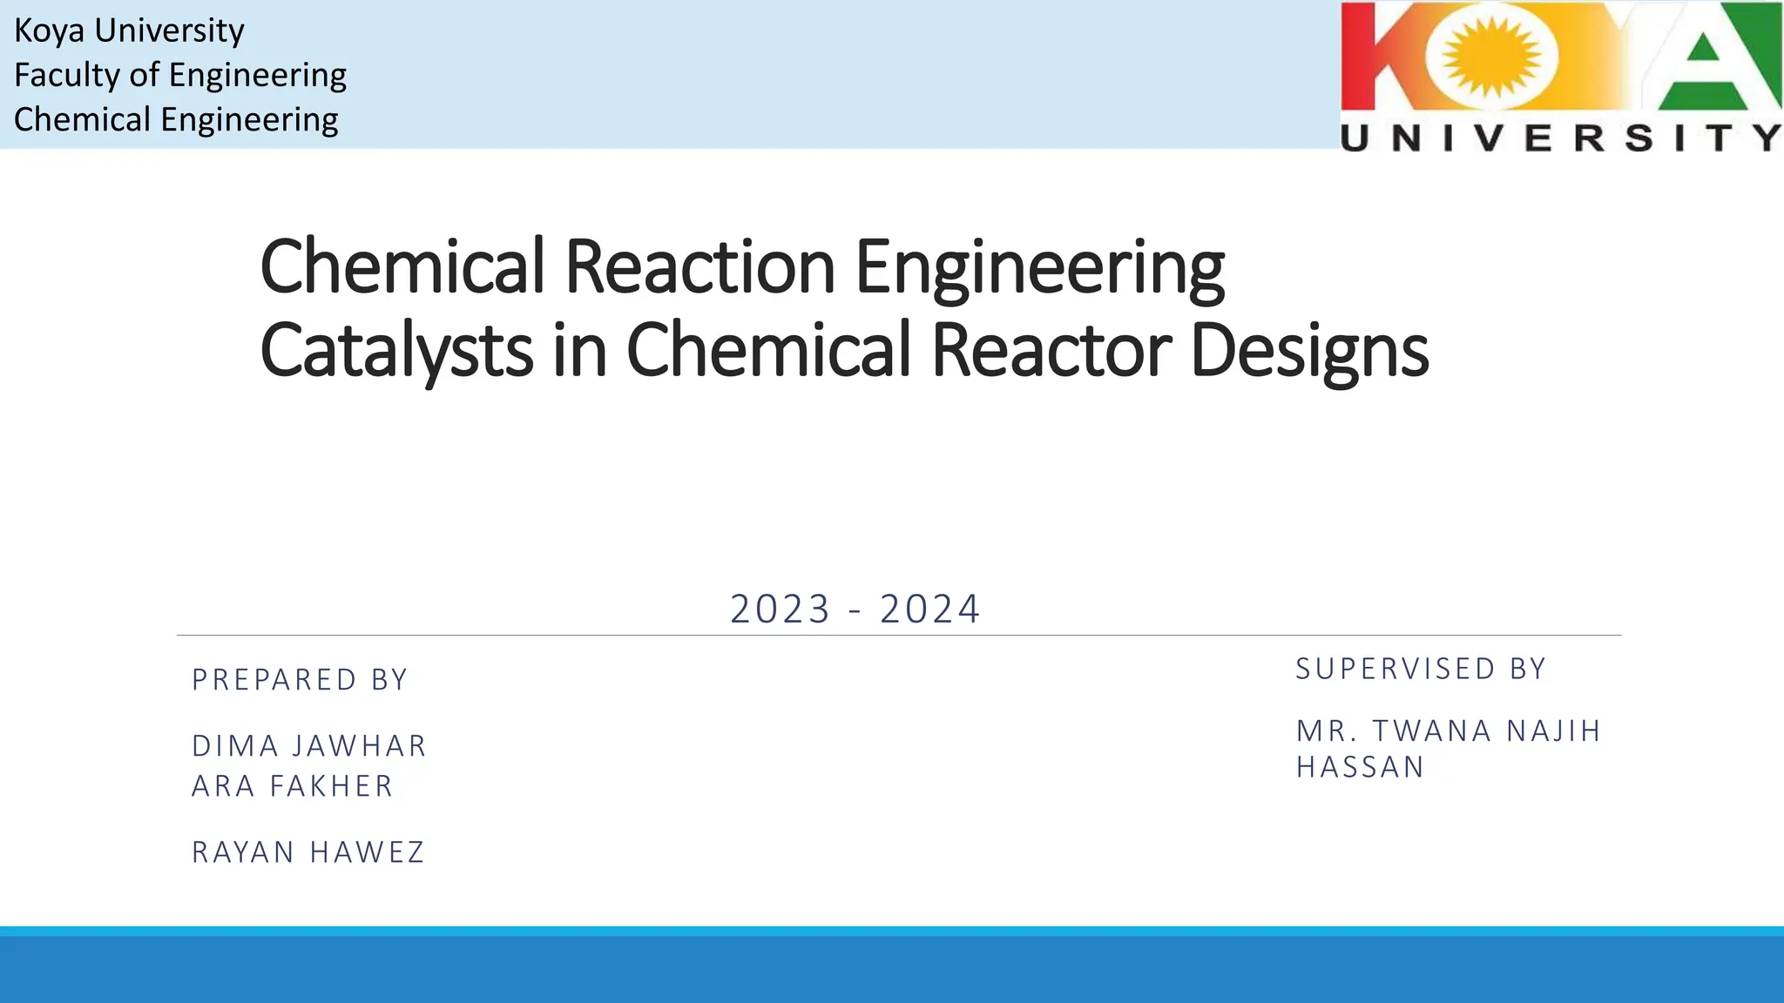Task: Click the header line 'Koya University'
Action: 129,30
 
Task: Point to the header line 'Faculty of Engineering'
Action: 180,75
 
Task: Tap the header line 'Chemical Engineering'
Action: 176,119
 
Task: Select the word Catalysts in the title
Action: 396,350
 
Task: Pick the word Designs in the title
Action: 1308,350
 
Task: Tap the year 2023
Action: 780,609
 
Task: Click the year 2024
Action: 930,609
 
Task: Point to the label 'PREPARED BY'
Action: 301,680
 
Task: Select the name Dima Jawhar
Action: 309,746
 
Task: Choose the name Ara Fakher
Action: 293,786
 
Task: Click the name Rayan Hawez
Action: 308,852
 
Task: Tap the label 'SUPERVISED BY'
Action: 1421,669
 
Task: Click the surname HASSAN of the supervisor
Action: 1360,767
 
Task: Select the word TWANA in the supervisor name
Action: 1432,730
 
